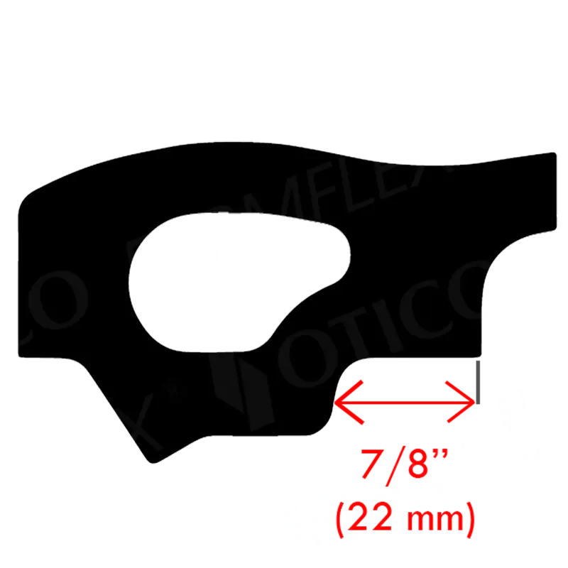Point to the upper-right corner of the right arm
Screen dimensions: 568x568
pos(553,153)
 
